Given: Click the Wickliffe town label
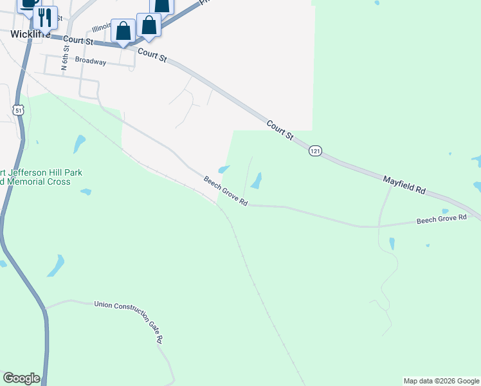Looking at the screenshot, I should (25, 33).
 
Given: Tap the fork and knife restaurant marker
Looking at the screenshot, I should (44, 17).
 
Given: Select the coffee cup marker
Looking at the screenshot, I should (28, 3).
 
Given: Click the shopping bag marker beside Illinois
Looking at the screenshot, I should (122, 30).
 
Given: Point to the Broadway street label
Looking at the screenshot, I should (91, 61).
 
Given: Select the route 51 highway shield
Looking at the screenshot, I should (19, 110).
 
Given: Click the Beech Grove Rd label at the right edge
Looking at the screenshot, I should (441, 219).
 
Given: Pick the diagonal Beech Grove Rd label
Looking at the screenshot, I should (226, 191).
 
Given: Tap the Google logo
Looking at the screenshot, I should (21, 378).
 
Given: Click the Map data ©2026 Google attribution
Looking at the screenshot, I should (441, 381).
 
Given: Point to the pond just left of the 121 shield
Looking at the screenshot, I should (257, 181).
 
